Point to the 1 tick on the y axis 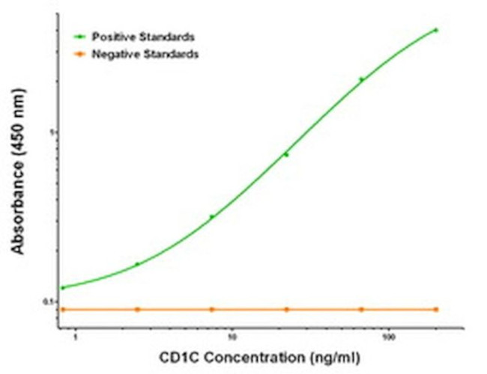click(54, 132)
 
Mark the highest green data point click(436, 30)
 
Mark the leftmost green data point click(62, 287)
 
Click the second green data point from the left click(137, 264)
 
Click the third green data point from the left click(212, 217)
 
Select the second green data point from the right click(361, 79)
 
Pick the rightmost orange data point click(436, 309)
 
